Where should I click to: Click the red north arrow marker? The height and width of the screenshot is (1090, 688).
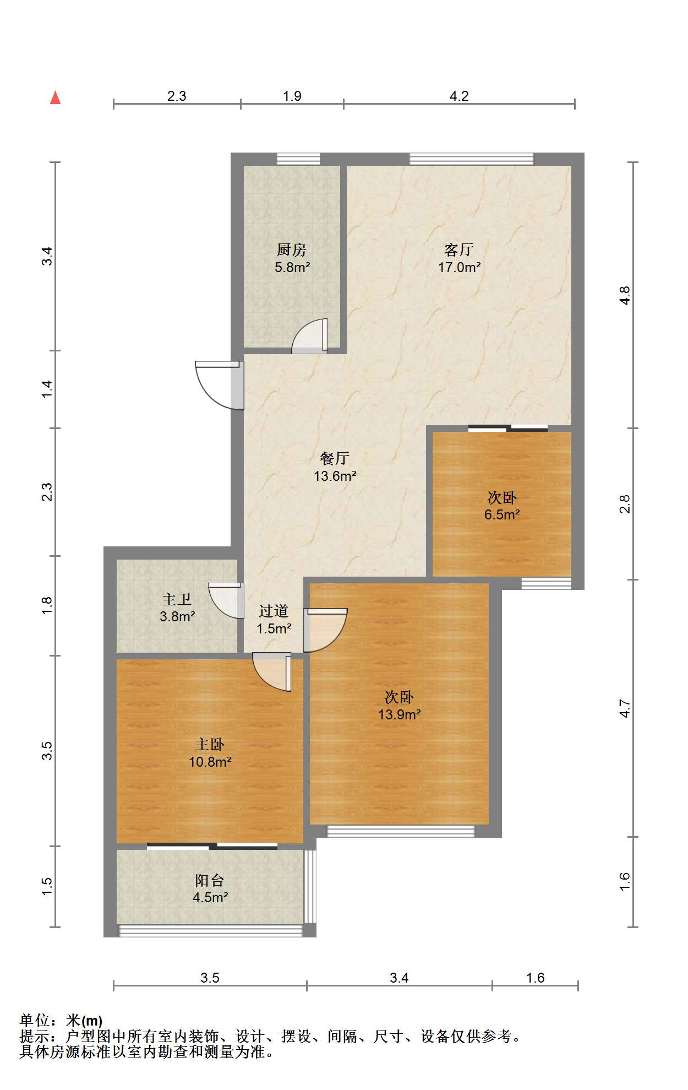(55, 97)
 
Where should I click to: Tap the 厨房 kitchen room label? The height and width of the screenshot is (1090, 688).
(292, 250)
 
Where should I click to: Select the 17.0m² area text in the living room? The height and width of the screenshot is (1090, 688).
(460, 268)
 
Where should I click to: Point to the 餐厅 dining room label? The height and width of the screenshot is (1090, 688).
(335, 458)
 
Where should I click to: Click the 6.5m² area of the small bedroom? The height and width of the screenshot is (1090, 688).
(502, 515)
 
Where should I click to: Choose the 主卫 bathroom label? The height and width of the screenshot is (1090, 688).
(177, 599)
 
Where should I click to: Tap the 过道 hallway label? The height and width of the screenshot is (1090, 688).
(274, 611)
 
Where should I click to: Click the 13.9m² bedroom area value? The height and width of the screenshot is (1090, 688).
(400, 715)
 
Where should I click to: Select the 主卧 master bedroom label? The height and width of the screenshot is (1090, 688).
(210, 745)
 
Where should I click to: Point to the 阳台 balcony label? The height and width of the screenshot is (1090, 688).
(210, 880)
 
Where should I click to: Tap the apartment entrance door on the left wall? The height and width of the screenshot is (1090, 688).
(220, 385)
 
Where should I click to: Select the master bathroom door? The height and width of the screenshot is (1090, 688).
(226, 600)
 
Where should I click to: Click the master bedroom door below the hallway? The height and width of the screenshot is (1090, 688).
(272, 672)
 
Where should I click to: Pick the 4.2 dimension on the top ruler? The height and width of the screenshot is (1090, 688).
(459, 96)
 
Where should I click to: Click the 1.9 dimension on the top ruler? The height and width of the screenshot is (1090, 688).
(292, 96)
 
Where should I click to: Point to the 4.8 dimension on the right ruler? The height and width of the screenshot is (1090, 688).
(625, 296)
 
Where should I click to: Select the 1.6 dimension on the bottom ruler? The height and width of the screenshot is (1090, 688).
(535, 978)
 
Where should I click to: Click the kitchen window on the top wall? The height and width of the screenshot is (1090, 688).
(298, 159)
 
